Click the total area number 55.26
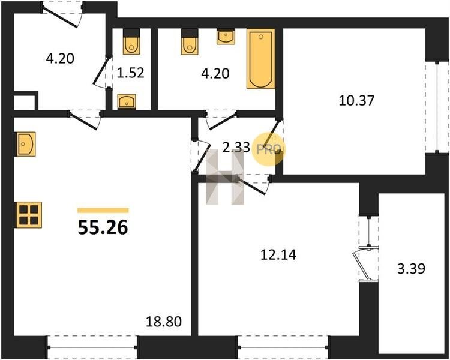coord(103,228)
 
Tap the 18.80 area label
coord(164,322)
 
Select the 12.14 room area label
coord(278,254)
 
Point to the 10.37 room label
coord(356,101)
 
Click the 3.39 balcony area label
coord(411,269)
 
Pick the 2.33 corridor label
coord(236,148)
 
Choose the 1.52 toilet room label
coord(131,73)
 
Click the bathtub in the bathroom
coord(261,59)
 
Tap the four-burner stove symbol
coord(29,215)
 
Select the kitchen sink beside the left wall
coord(26,144)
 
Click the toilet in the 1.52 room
coord(132,41)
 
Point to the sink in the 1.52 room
coord(127,101)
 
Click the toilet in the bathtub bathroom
coord(190,41)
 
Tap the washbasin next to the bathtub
coord(226,37)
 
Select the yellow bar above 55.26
coord(103,211)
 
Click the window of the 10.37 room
coord(437,107)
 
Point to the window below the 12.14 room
coord(284,347)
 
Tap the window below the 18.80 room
coord(92,347)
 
